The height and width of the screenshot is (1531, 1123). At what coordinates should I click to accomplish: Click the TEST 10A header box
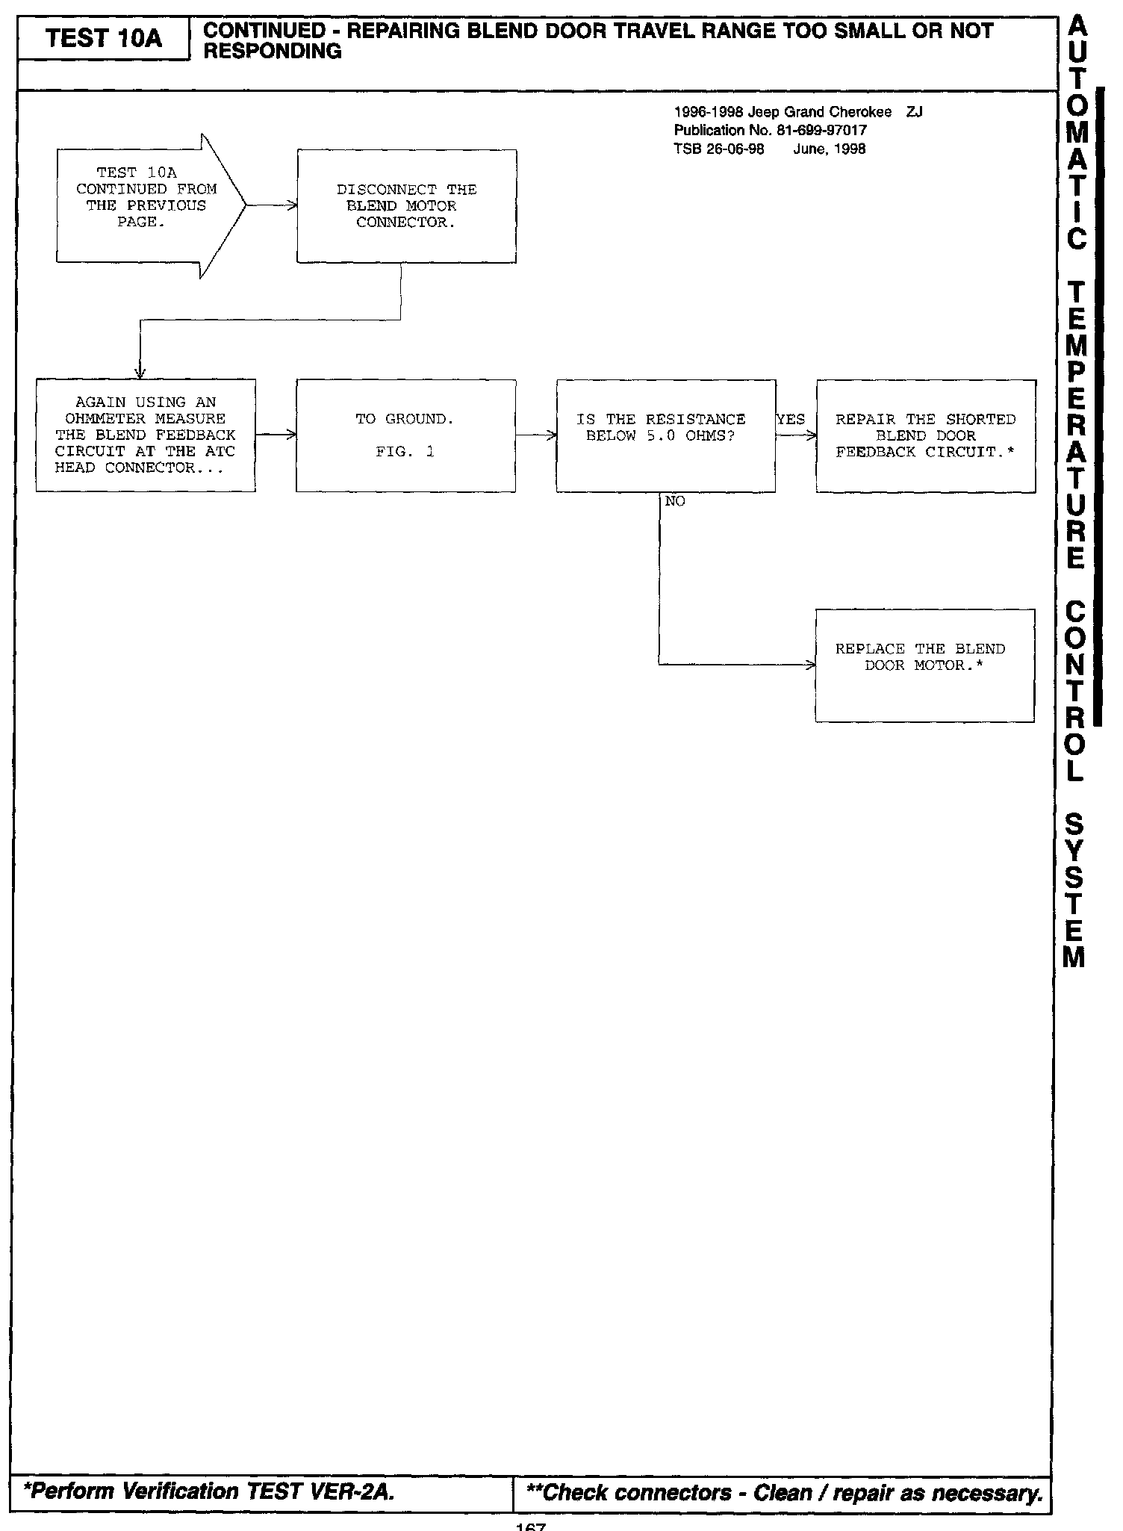tap(103, 38)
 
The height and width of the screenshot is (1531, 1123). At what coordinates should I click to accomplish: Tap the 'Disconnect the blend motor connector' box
tap(406, 206)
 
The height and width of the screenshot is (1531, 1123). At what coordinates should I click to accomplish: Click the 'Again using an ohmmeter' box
tap(146, 435)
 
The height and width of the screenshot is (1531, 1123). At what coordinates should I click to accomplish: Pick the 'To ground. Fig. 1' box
tap(405, 435)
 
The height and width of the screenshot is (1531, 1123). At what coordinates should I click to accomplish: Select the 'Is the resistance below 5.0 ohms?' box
tap(665, 435)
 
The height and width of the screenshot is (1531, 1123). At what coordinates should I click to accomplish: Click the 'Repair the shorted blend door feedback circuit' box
tap(925, 436)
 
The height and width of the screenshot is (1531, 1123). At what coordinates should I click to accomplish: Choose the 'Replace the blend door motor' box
tap(924, 665)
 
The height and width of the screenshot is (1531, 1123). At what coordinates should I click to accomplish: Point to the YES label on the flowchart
tap(791, 420)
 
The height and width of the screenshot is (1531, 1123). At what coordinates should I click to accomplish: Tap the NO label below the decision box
tap(674, 502)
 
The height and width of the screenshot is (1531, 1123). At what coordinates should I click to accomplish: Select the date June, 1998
tap(829, 149)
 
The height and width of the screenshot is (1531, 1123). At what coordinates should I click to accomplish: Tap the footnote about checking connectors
tap(784, 1492)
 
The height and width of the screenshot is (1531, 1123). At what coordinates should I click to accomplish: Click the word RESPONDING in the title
tap(273, 52)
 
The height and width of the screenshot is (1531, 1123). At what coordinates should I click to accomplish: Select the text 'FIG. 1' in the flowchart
tap(405, 452)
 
